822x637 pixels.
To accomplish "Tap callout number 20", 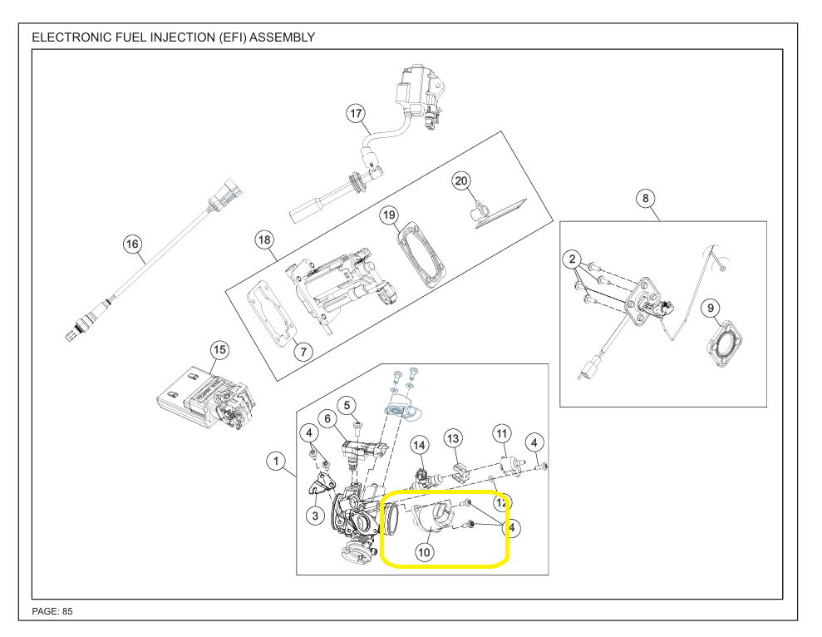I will [x=461, y=180].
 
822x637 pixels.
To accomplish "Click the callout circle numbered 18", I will [x=264, y=240].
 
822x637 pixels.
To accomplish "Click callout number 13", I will [x=453, y=437].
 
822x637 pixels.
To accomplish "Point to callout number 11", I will [x=501, y=433].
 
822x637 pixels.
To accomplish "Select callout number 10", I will [x=425, y=551].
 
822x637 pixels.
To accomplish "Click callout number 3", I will [x=314, y=516].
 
